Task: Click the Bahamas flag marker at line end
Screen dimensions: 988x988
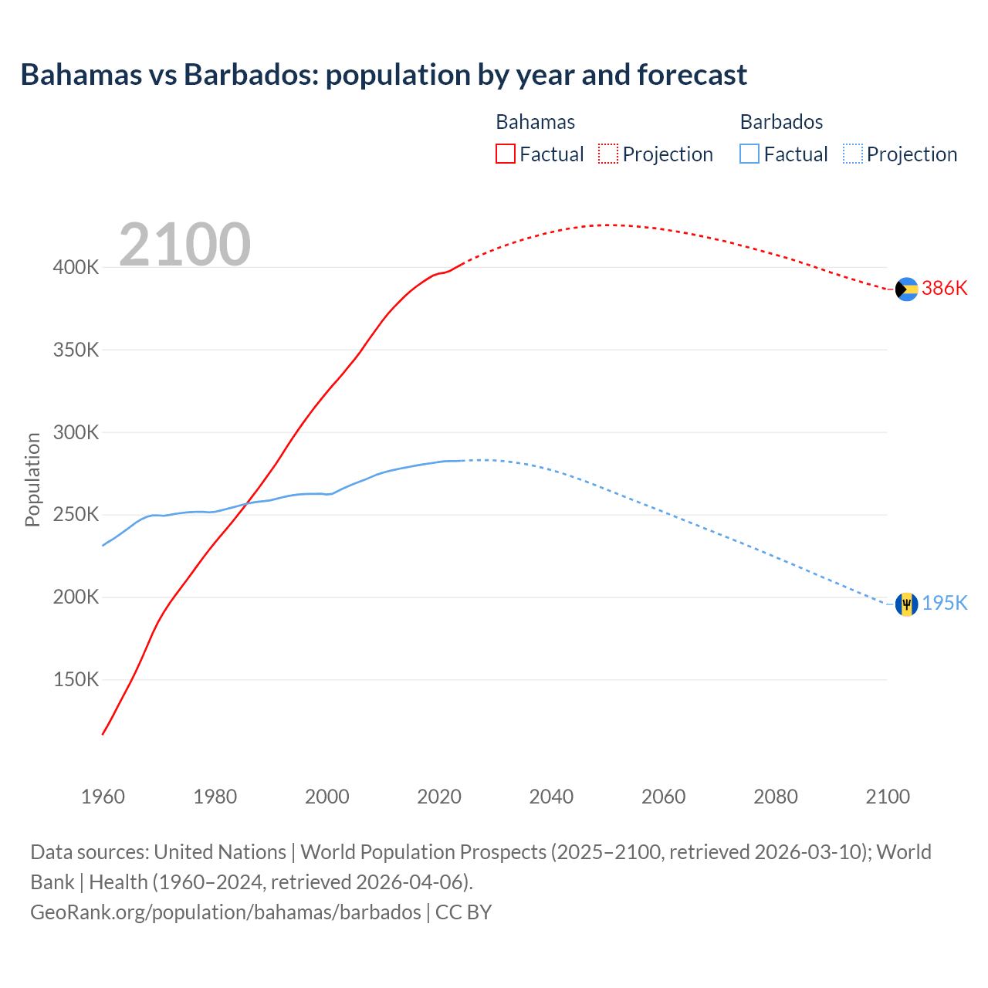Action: coord(906,289)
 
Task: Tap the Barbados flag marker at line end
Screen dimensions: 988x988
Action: coord(906,604)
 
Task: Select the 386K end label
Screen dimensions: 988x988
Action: coord(945,289)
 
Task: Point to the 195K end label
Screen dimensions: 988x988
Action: coord(945,603)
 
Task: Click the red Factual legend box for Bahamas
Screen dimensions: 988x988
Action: coord(505,154)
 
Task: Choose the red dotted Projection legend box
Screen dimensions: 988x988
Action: coord(608,154)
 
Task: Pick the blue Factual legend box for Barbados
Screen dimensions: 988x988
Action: coord(749,154)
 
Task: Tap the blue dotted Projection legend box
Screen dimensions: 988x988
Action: coord(853,154)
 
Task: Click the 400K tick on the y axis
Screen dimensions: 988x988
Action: coord(76,268)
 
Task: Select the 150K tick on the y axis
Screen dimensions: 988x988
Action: coord(76,680)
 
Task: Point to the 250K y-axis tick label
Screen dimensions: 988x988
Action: coord(76,515)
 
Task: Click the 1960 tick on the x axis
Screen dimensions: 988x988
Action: coord(103,797)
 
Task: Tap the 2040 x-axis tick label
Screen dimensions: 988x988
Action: coord(551,797)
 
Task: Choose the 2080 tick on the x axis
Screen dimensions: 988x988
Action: coord(776,797)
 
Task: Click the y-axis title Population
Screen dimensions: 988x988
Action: coord(32,479)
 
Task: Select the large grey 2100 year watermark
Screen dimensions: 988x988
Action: coord(184,245)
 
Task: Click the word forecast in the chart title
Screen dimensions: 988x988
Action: coord(692,75)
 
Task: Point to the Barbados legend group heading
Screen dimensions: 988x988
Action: coord(781,122)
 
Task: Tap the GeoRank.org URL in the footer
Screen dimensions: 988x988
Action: coord(225,912)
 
